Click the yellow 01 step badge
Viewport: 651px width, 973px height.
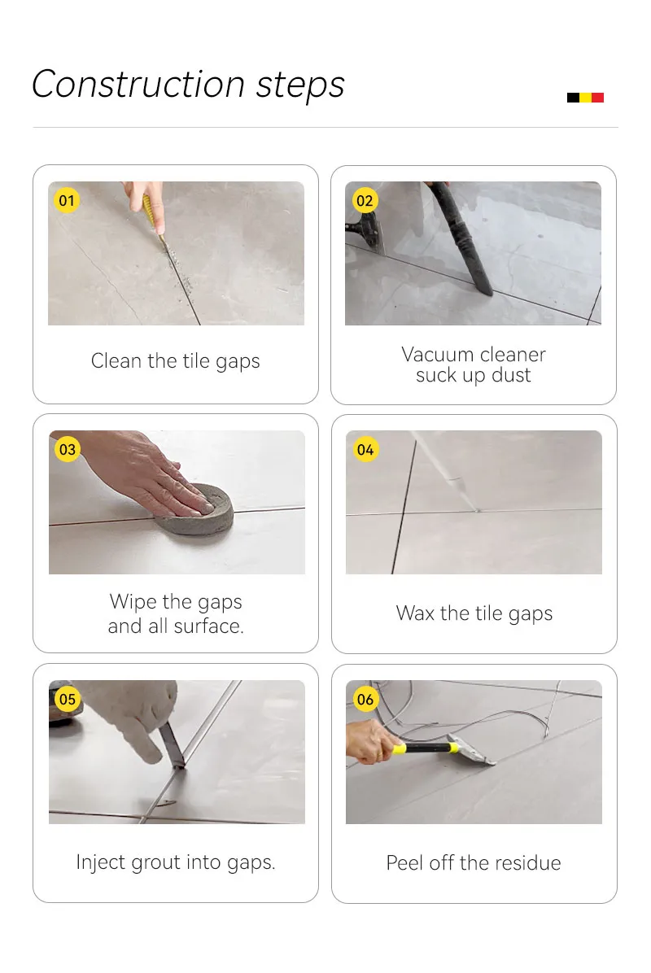click(x=67, y=200)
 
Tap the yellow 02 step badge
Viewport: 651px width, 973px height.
click(x=365, y=200)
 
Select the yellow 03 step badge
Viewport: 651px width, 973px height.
click(x=67, y=449)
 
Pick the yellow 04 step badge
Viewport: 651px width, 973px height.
click(x=365, y=449)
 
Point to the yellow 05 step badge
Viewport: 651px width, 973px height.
click(x=67, y=700)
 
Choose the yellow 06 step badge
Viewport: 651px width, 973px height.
click(x=365, y=700)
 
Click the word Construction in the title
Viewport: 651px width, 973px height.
click(x=138, y=85)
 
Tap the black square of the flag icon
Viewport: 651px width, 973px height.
click(x=573, y=98)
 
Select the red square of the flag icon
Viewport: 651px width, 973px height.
click(x=597, y=98)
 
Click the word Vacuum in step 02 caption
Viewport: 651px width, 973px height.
click(x=438, y=355)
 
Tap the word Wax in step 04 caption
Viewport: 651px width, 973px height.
click(x=415, y=613)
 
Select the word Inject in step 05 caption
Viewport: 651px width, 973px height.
click(x=101, y=862)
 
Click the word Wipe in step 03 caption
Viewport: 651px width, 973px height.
click(x=133, y=602)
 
